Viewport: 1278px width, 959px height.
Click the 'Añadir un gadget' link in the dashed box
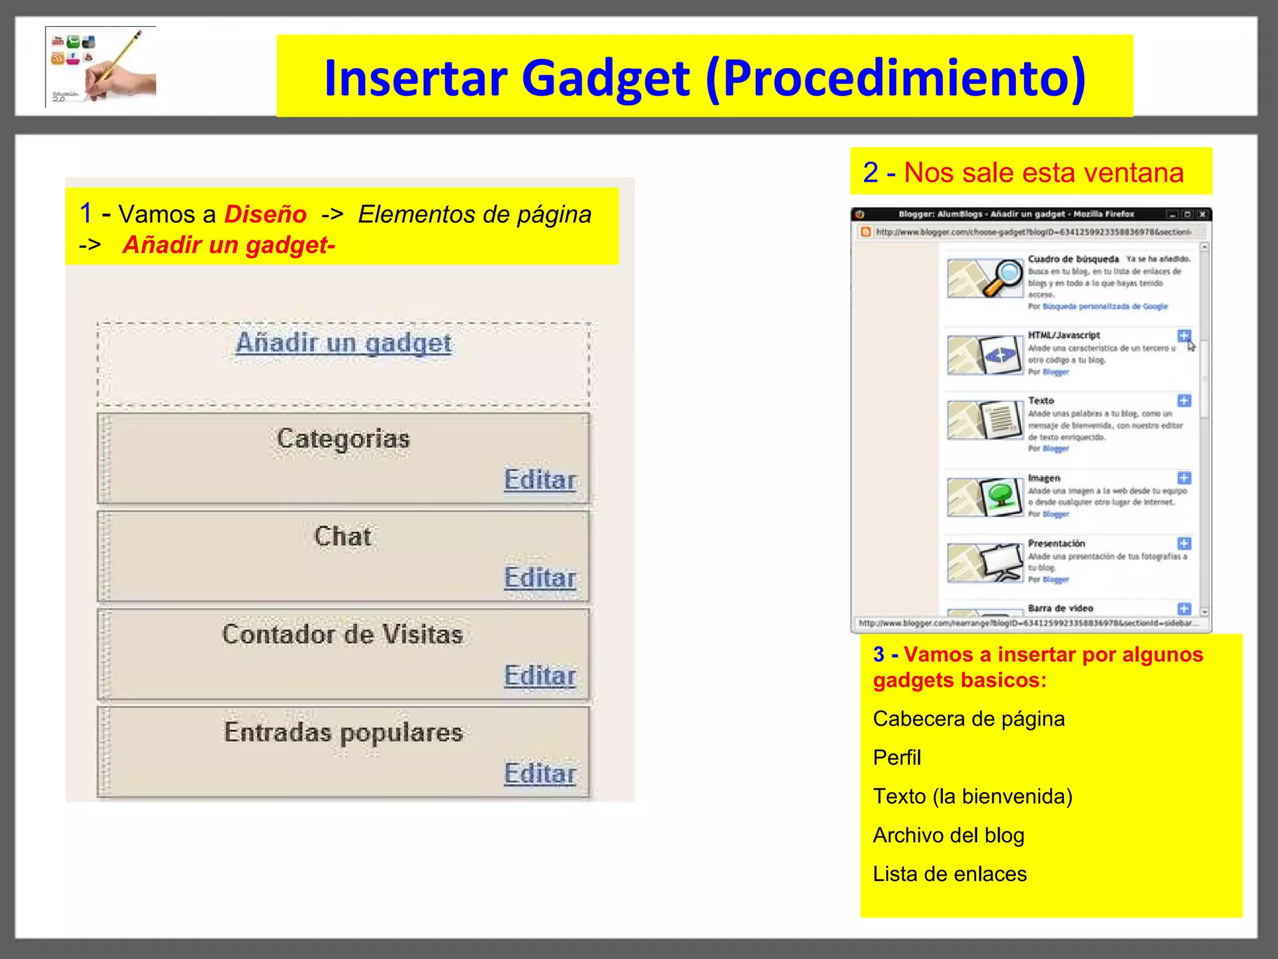point(343,343)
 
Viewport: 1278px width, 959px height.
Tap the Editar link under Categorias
point(540,479)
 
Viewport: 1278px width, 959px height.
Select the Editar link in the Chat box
point(540,578)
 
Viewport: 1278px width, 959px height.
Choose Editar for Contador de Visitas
point(540,676)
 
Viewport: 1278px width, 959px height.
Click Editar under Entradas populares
point(540,774)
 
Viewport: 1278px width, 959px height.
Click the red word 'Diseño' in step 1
point(265,214)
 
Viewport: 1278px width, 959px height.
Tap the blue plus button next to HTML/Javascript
point(1184,335)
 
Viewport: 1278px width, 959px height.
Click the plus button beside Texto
point(1184,400)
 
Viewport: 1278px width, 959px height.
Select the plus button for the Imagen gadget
point(1184,478)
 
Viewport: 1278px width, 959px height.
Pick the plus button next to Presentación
point(1184,543)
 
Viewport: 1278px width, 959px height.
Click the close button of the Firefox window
point(1202,214)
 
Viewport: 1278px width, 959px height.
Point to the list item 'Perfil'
point(897,757)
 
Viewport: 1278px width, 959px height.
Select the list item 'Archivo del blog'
point(949,835)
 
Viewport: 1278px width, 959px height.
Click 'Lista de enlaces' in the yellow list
point(949,873)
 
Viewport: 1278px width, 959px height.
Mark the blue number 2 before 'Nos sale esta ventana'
point(871,172)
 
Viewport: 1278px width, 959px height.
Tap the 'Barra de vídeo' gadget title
point(1060,608)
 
